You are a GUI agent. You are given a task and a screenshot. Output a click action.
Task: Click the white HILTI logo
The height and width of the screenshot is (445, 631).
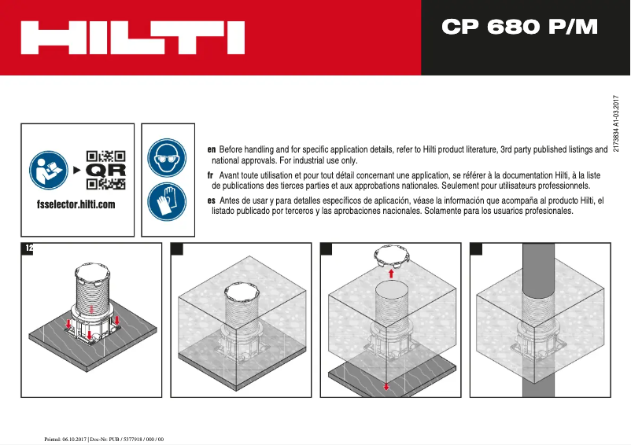click(132, 37)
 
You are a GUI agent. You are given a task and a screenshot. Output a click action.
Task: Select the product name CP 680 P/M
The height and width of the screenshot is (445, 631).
click(519, 28)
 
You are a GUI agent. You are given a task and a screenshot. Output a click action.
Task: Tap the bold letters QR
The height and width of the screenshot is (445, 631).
click(105, 170)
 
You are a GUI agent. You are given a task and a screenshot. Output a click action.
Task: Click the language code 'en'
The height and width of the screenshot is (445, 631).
click(211, 149)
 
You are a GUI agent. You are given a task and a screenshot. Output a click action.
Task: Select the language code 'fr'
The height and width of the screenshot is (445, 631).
click(211, 175)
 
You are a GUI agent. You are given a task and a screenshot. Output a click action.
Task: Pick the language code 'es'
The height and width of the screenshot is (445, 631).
click(211, 201)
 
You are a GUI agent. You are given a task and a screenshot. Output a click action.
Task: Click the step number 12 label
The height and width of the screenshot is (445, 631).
click(29, 248)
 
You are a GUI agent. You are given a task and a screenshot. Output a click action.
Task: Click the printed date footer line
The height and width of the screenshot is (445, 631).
click(102, 438)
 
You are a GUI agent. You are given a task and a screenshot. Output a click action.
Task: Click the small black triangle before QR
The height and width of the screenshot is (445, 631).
click(76, 170)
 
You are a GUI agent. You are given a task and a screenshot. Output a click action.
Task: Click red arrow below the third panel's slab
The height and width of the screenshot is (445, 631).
click(386, 385)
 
